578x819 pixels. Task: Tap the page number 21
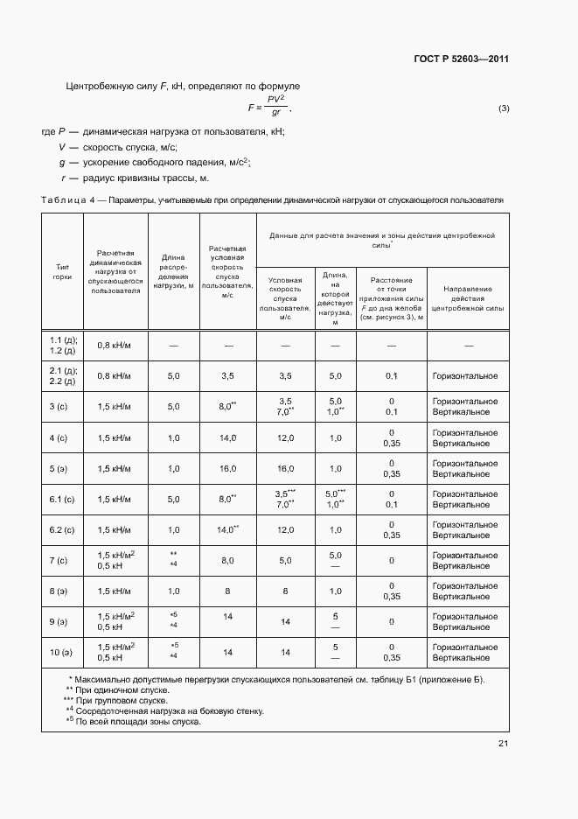pyautogui.click(x=503, y=744)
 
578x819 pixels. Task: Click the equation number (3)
pyautogui.click(x=503, y=108)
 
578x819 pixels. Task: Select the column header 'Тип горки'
pyautogui.click(x=62, y=272)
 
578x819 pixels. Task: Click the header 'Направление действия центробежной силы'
pyautogui.click(x=468, y=298)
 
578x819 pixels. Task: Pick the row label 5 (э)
pyautogui.click(x=62, y=468)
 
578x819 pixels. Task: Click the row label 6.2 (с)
pyautogui.click(x=62, y=529)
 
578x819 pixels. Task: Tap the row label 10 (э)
pyautogui.click(x=62, y=652)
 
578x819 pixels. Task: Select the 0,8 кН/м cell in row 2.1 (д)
pyautogui.click(x=115, y=375)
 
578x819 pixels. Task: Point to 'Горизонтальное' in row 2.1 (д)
pyautogui.click(x=465, y=375)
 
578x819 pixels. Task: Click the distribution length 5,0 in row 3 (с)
pyautogui.click(x=173, y=406)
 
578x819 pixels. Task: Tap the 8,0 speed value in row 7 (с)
pyautogui.click(x=227, y=560)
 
